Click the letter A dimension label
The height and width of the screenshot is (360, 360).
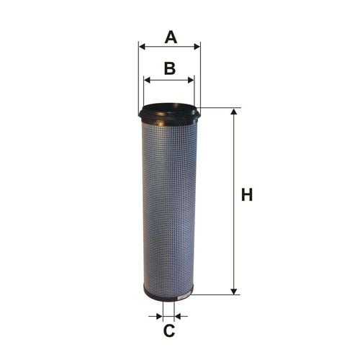(x=171, y=37)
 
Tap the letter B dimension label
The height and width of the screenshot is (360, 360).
(x=170, y=68)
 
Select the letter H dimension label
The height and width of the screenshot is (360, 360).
(x=247, y=195)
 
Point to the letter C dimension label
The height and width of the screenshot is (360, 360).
(x=169, y=330)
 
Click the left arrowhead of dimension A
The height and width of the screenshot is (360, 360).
(x=142, y=47)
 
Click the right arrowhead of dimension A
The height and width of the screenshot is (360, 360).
(x=197, y=47)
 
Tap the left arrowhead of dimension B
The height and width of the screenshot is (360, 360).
(x=147, y=80)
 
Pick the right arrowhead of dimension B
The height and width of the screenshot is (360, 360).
(x=191, y=80)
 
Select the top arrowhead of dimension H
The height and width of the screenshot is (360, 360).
(x=234, y=112)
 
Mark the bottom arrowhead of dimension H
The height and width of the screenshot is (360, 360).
(x=234, y=292)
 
